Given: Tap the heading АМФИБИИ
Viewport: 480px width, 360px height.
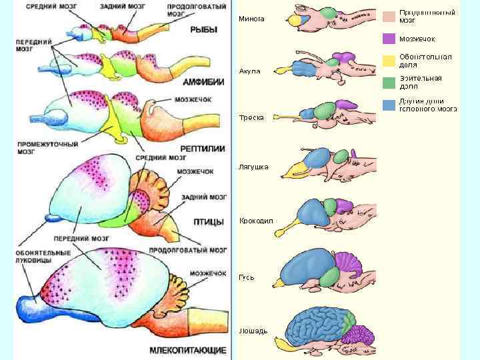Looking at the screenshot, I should pyautogui.click(x=203, y=82).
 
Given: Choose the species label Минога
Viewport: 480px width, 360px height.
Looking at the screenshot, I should pyautogui.click(x=251, y=19).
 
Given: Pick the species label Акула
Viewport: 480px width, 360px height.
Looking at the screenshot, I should pyautogui.click(x=249, y=71).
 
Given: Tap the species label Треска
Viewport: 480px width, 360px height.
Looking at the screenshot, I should pyautogui.click(x=251, y=117).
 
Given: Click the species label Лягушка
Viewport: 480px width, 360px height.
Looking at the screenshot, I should pyautogui.click(x=253, y=167).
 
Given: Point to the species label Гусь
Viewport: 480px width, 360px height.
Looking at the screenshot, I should pyautogui.click(x=247, y=277).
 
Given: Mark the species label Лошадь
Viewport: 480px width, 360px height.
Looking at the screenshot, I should pyautogui.click(x=253, y=331).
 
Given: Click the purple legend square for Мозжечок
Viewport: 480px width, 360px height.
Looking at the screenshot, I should pyautogui.click(x=389, y=39).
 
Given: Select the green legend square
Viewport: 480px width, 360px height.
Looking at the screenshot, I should pyautogui.click(x=389, y=83).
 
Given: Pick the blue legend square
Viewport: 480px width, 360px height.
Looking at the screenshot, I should pyautogui.click(x=389, y=105).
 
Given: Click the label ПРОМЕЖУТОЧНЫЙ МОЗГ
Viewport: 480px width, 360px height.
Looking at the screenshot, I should pyautogui.click(x=46, y=147).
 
